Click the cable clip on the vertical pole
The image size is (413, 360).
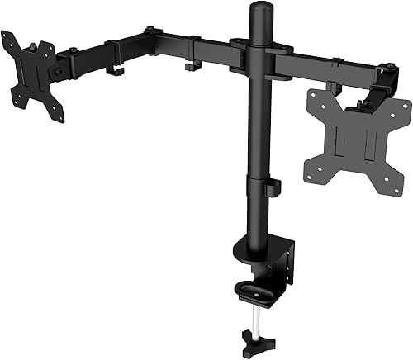[x=273, y=188]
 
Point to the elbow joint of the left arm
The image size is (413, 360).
[x=150, y=38]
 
